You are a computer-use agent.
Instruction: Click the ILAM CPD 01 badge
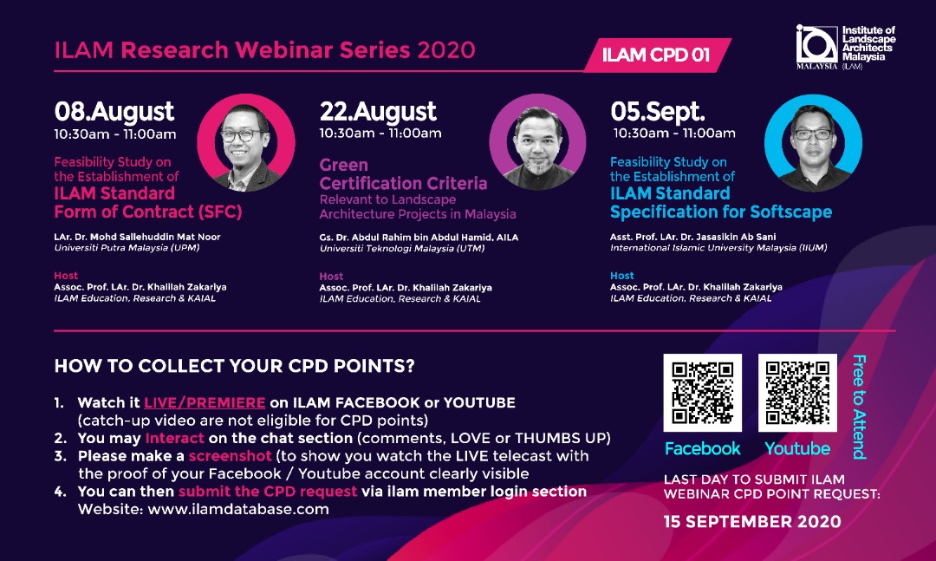[656, 55]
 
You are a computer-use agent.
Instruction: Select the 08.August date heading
[114, 112]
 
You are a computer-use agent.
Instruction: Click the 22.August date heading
[378, 112]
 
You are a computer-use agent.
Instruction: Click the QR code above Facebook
[702, 392]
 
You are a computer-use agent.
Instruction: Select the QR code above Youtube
[797, 392]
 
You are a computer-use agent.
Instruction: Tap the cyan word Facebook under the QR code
[702, 448]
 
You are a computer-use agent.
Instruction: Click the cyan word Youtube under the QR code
[797, 448]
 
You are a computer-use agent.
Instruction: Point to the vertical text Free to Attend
[859, 406]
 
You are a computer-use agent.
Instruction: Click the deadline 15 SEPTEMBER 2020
[751, 521]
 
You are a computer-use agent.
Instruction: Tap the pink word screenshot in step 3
[230, 456]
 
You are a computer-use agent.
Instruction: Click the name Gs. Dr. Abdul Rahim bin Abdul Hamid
[406, 237]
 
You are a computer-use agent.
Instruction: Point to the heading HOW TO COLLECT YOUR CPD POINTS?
[234, 367]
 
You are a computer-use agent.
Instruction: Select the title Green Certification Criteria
[403, 174]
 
